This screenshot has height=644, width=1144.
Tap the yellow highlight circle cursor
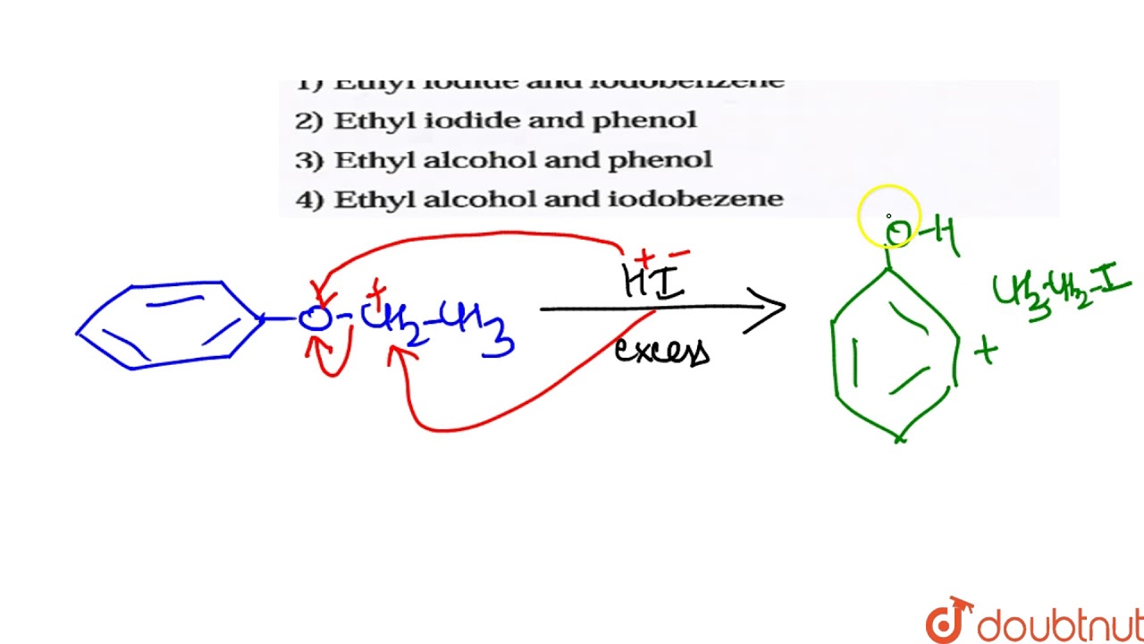889,216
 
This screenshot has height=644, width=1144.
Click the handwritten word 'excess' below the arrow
661,351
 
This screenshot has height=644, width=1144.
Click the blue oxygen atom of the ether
314,318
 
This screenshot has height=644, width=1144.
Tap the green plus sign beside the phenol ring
986,352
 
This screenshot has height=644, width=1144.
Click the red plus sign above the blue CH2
377,290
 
